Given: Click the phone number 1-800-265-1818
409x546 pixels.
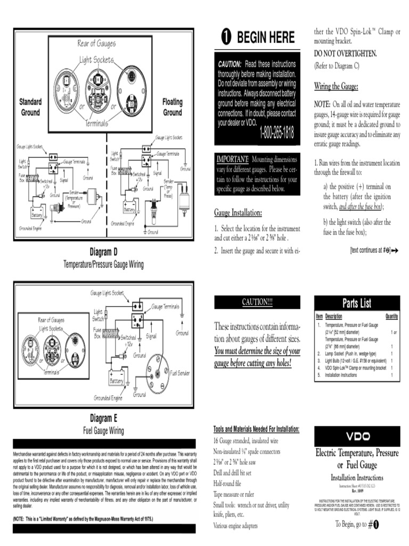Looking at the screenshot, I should (276, 133).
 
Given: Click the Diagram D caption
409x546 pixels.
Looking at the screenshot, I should (103, 252).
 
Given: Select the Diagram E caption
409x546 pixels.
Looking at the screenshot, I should (103, 418).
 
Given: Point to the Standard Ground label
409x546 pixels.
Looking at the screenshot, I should (30, 107).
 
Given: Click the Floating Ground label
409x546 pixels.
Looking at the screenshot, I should (172, 107).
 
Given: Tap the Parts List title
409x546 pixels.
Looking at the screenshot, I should (356, 303).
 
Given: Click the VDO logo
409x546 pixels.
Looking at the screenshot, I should (357, 436).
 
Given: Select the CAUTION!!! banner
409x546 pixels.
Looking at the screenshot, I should (257, 302).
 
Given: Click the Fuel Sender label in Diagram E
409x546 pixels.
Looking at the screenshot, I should (180, 373).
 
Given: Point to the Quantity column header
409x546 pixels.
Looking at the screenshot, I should (391, 316).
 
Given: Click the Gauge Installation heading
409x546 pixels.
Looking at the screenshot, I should (238, 213).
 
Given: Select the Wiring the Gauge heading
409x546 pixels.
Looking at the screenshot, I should (336, 86).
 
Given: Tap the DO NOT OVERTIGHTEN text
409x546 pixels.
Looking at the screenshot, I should (346, 54).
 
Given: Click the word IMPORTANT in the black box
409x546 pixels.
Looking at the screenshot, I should (232, 159).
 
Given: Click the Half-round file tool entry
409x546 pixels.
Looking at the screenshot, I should (227, 484).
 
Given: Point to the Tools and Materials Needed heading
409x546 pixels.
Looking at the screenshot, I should (256, 430).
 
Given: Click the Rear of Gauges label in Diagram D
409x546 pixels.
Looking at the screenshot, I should (96, 44).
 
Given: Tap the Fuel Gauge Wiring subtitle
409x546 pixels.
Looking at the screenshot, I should (103, 430).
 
